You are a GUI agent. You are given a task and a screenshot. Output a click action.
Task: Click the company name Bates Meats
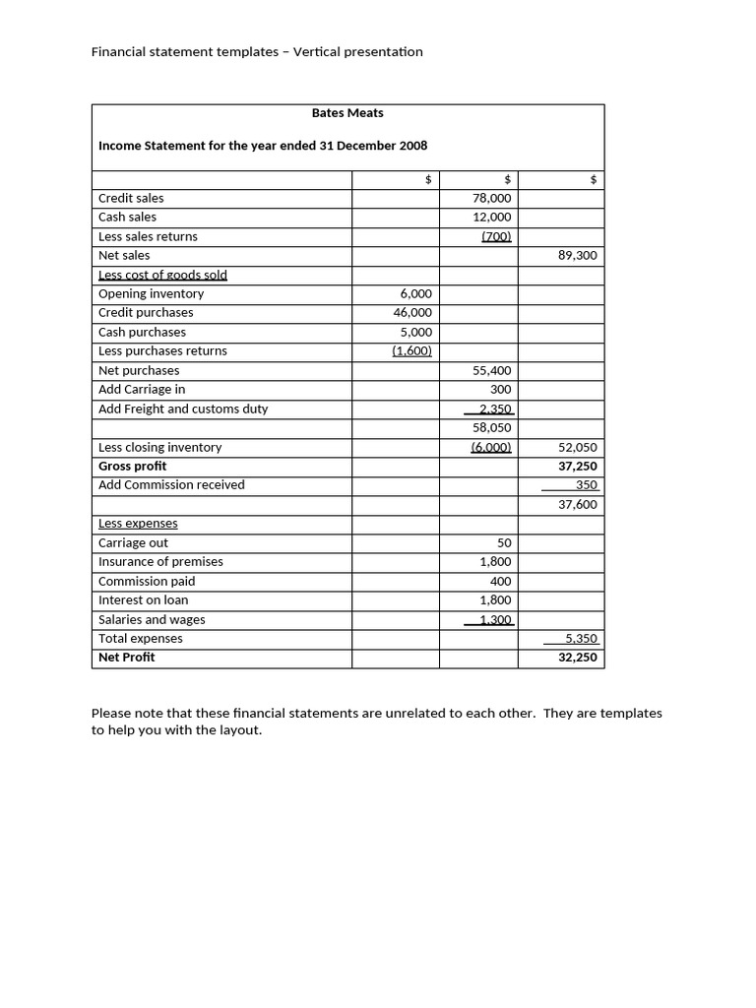click(347, 113)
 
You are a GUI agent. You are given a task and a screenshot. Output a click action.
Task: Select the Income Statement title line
click(263, 146)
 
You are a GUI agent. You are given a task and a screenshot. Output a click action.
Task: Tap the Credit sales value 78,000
click(492, 198)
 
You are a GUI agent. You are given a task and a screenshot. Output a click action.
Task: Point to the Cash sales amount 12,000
click(492, 218)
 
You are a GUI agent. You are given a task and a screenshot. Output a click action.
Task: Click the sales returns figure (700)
click(496, 236)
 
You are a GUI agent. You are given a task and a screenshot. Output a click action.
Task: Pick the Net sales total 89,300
click(577, 256)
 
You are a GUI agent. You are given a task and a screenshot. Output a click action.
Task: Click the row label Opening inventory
click(151, 293)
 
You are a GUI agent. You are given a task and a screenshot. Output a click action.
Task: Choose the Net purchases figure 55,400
click(492, 371)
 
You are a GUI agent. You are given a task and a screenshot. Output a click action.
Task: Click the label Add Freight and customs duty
click(183, 409)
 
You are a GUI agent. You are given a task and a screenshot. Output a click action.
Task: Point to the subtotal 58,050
click(492, 428)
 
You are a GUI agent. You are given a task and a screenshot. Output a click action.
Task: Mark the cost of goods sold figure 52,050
click(577, 447)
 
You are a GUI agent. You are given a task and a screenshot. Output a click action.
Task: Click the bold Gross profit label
click(132, 466)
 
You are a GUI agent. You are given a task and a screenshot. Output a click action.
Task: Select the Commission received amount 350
click(587, 485)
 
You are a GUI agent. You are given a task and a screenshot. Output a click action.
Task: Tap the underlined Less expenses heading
click(138, 524)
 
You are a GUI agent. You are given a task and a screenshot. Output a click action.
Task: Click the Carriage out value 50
click(504, 543)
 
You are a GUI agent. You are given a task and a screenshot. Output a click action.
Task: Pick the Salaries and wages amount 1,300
click(495, 620)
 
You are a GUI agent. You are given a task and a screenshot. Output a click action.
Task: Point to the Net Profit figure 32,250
click(577, 658)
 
